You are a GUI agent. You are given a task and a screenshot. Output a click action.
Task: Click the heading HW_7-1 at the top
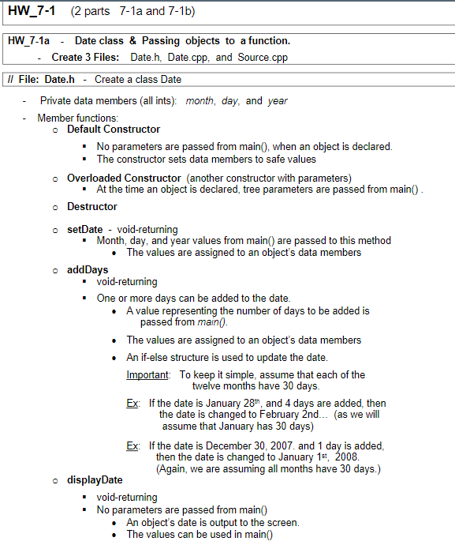pyautogui.click(x=32, y=12)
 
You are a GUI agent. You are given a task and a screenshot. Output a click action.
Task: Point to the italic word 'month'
pyautogui.click(x=200, y=101)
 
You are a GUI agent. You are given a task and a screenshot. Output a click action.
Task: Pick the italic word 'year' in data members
pyautogui.click(x=278, y=101)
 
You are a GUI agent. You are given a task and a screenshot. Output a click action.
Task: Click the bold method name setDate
pyautogui.click(x=85, y=229)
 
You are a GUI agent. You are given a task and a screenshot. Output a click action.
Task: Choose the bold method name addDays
pyautogui.click(x=88, y=269)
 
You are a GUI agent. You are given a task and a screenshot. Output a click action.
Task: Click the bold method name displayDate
pyautogui.click(x=95, y=479)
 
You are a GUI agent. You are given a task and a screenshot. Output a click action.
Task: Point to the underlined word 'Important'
pyautogui.click(x=147, y=374)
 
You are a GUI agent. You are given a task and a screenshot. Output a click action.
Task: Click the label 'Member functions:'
pyautogui.click(x=77, y=118)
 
